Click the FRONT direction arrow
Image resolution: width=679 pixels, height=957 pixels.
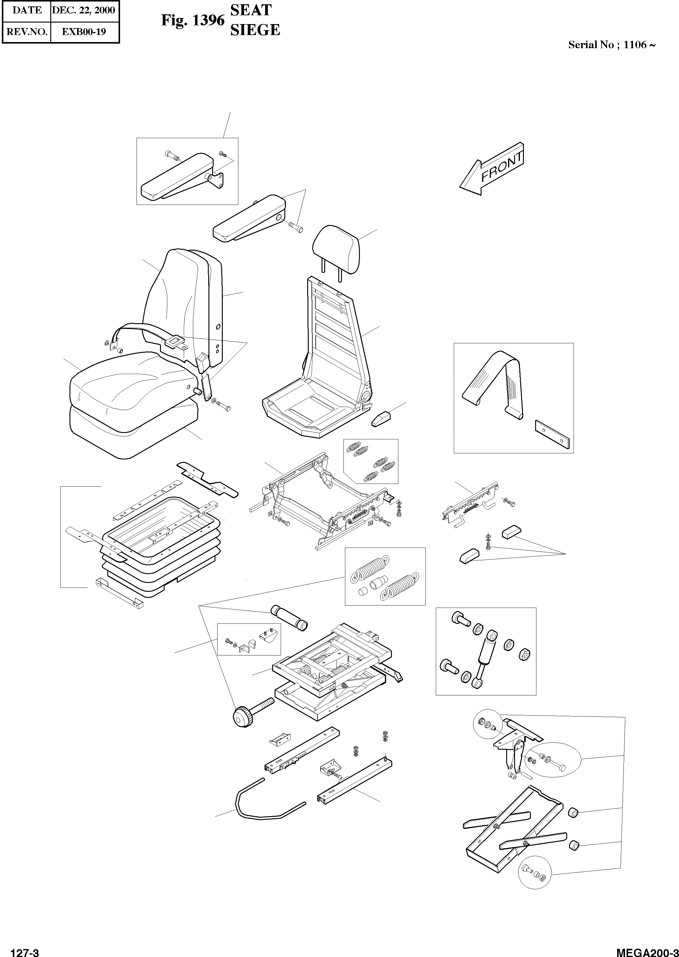[492, 170]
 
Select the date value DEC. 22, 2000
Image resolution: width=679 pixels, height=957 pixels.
[84, 10]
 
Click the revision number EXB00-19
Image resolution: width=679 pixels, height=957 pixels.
[84, 31]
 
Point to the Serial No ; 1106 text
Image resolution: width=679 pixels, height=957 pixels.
[611, 45]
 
